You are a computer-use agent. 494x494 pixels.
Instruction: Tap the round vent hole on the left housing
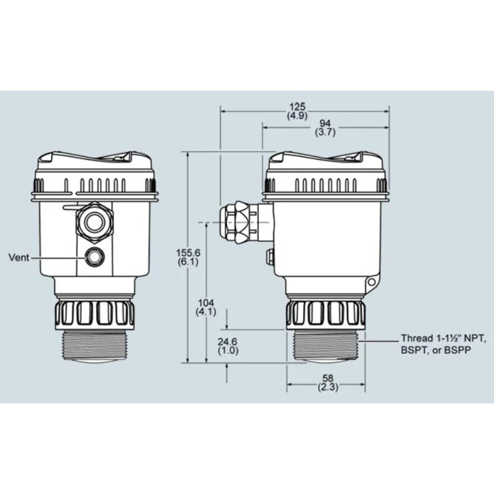coord(94,256)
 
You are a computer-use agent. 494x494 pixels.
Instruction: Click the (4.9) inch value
coord(297,115)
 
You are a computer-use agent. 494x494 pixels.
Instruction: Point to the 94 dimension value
coord(325,124)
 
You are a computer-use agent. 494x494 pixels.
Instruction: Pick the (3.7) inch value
coord(325,132)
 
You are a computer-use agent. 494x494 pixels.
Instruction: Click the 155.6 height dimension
coord(188,253)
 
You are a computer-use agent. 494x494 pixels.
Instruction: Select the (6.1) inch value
coord(188,262)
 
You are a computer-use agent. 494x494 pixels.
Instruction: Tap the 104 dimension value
coord(206,303)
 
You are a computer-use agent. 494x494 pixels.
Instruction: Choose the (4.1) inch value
coord(206,312)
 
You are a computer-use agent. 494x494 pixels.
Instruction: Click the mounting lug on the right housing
coord(371,284)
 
